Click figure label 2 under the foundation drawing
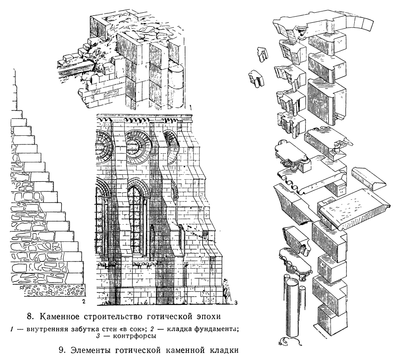[82, 301]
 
